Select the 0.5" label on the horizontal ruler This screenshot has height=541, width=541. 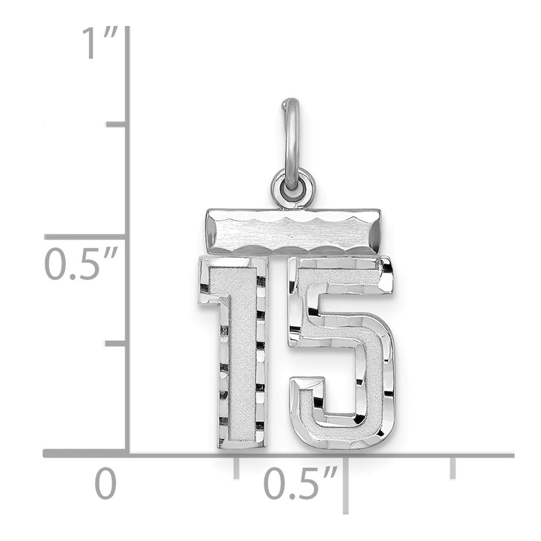300,483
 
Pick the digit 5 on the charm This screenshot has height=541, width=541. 341,352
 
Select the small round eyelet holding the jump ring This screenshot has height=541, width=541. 293,190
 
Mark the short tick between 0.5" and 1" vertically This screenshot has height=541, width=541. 116,124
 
